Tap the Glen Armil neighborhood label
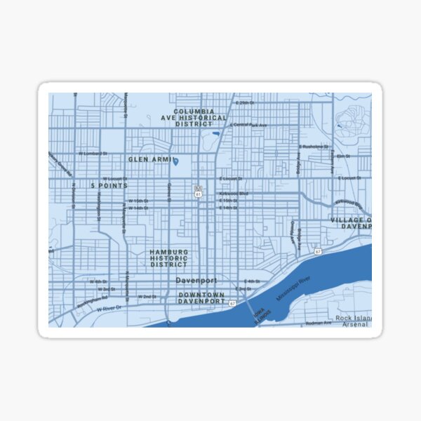pos(149,159)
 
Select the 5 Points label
pos(109,186)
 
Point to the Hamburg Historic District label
pos(168,258)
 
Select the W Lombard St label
pos(92,153)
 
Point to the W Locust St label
pos(114,179)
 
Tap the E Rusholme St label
pos(314,147)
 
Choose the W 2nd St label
pos(147,297)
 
